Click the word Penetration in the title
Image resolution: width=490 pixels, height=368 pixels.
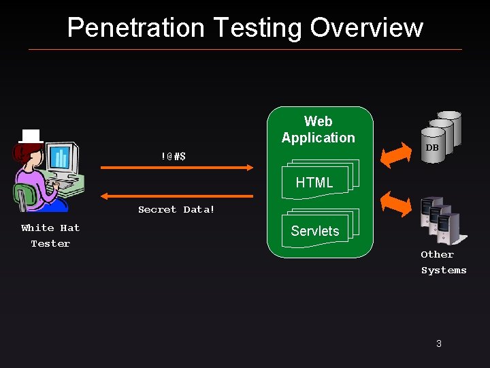[135, 28]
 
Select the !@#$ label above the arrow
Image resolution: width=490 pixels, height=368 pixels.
[174, 156]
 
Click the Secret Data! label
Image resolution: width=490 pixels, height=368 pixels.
[176, 209]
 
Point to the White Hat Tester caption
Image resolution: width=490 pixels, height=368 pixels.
[50, 235]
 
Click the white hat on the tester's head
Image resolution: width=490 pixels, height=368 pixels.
[31, 136]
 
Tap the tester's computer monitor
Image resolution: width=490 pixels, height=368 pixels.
[62, 159]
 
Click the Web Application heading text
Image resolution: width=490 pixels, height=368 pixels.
[318, 129]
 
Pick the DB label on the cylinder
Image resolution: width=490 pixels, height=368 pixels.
[432, 148]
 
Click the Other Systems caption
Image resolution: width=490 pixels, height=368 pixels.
[443, 262]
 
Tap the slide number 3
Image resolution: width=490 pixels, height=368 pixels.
[439, 343]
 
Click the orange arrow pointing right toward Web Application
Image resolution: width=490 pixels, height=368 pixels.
[177, 167]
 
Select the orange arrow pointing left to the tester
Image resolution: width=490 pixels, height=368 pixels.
[177, 196]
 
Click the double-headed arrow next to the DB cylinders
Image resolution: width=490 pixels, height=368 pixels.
[395, 155]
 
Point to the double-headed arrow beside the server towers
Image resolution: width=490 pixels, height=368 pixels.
[395, 203]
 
